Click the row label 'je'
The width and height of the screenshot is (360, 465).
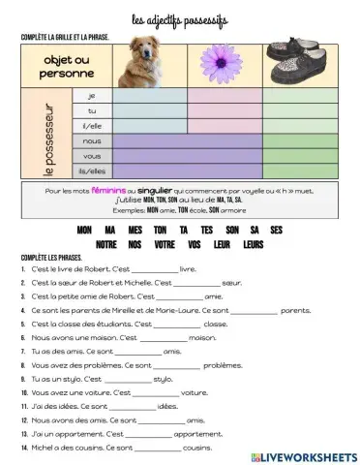tap(92, 96)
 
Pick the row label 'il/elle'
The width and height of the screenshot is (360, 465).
tap(92, 125)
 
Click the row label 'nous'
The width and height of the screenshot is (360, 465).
tap(92, 140)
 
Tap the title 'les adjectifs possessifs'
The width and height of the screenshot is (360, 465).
tap(181, 18)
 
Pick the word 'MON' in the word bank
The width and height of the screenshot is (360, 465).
tap(83, 231)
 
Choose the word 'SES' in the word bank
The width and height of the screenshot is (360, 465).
tap(277, 231)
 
